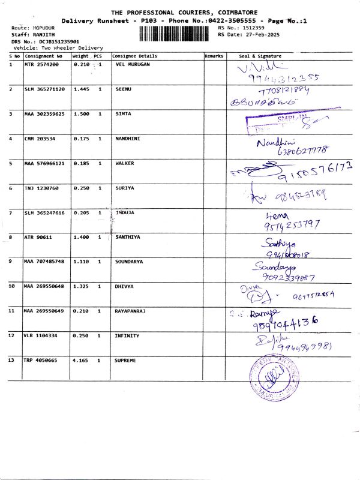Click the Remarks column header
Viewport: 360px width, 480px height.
214,56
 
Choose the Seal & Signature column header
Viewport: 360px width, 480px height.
260,56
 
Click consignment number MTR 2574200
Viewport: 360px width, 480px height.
41,64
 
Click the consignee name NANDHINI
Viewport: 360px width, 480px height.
127,138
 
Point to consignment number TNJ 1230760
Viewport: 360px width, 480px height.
41,188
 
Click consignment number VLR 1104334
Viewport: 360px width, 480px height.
41,335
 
